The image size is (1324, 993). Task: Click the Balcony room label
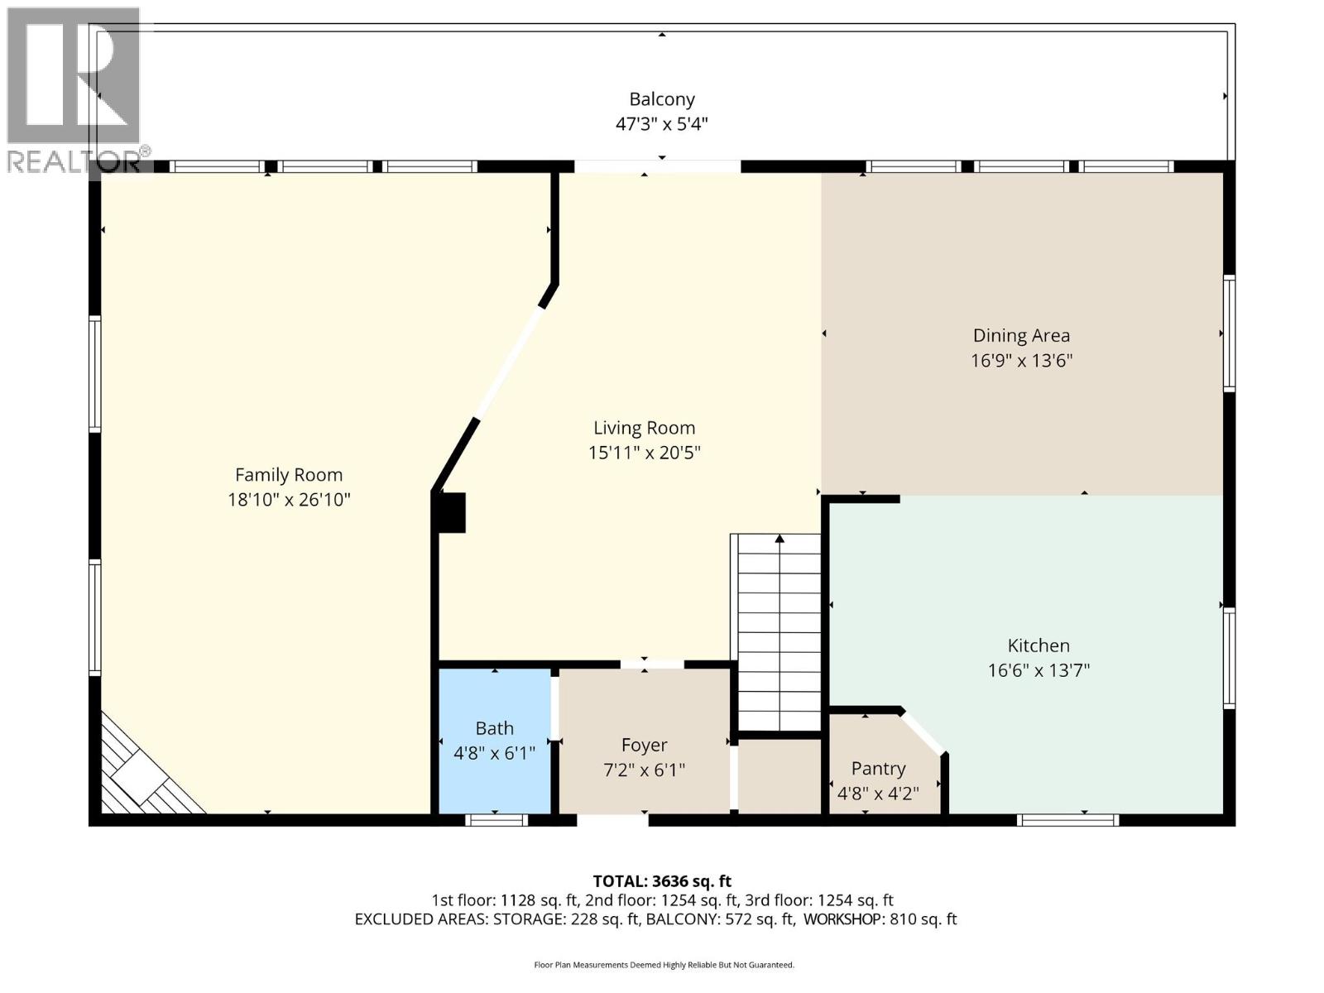pos(661,99)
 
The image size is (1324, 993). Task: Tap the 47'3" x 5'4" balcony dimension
pos(661,125)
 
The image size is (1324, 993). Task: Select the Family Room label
pos(289,475)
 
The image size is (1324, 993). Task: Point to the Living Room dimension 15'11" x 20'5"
pos(644,453)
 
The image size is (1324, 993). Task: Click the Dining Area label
pos(1021,336)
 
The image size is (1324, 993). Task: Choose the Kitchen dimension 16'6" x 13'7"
pos(1039,670)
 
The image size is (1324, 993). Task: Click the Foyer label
pos(644,745)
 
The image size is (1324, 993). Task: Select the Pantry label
pos(878,769)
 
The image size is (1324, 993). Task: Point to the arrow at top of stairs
pos(780,540)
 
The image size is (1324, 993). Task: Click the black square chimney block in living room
pos(452,512)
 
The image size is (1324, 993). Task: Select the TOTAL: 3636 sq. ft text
pos(661,881)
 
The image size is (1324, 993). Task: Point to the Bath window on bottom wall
pos(496,820)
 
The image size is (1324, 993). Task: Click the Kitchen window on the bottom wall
pos(1067,820)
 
